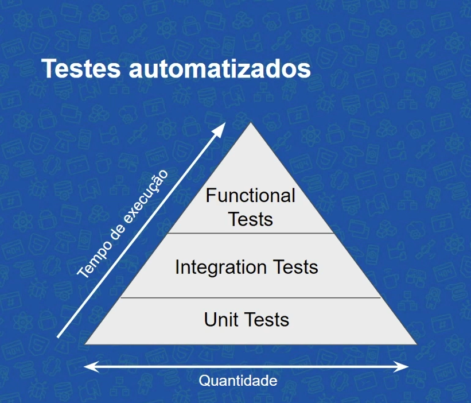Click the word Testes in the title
pyautogui.click(x=80, y=69)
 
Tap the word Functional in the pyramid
pyautogui.click(x=250, y=196)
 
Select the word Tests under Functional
pyautogui.click(x=250, y=219)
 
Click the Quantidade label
pyautogui.click(x=238, y=381)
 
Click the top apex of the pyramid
pyautogui.click(x=250, y=123)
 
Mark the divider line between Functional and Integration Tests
pyautogui.click(x=250, y=233)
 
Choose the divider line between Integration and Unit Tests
pyautogui.click(x=250, y=298)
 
